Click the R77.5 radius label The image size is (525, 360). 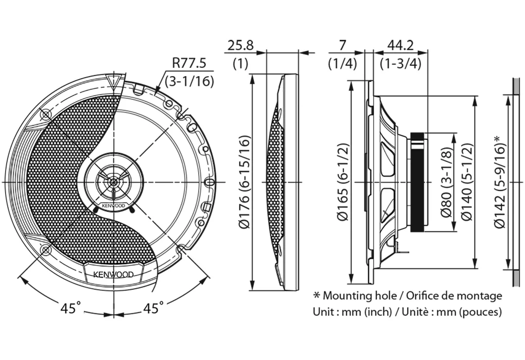pos(189,63)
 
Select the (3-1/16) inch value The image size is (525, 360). pos(189,81)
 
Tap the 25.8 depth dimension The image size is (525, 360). pos(240,45)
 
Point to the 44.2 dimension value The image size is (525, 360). pos(400,45)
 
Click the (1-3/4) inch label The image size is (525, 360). pos(400,64)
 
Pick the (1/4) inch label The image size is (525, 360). pos(342,64)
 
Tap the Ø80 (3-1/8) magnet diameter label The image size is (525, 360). pos(446,183)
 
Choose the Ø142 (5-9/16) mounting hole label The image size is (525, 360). pos(498,183)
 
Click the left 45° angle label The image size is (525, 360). pos(71,308)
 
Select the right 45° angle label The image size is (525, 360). pos(153,308)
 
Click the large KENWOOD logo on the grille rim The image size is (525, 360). pos(113,274)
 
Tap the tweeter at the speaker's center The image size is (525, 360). pos(113,181)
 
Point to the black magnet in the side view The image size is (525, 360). pos(419,183)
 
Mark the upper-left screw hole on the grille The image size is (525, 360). pos(46,114)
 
